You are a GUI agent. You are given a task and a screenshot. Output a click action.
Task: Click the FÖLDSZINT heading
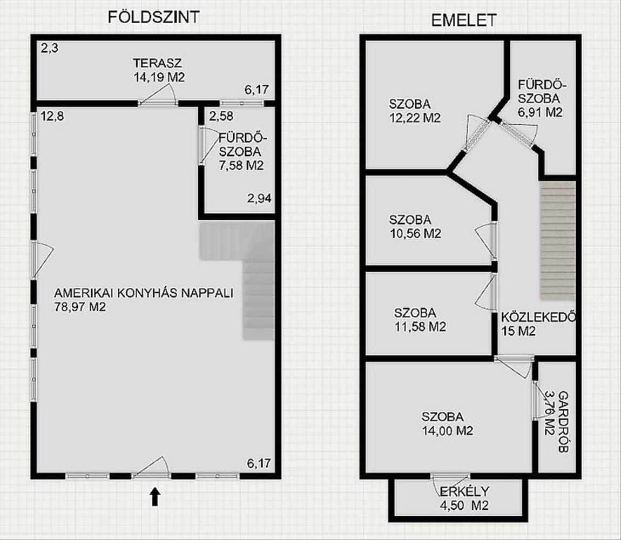[154, 17]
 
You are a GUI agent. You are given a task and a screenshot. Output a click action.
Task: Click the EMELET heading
[463, 20]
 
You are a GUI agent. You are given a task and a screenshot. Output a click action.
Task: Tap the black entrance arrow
[155, 496]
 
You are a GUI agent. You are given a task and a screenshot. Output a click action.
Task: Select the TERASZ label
[157, 63]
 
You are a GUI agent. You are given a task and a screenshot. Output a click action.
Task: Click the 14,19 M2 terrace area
[159, 77]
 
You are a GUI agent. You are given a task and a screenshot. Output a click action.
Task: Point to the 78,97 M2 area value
[80, 307]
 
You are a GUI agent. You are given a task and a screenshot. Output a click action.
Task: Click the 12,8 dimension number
[52, 116]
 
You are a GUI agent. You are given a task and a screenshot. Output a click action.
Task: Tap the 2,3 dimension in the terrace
[50, 49]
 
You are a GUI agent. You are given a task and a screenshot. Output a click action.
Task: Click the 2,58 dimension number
[221, 116]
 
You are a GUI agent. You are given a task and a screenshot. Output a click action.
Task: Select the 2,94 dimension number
[259, 198]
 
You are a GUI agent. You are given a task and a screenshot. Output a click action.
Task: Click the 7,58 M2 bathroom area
[241, 165]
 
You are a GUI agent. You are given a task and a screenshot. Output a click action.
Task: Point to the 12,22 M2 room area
[415, 118]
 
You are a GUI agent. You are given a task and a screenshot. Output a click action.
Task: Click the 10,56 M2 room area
[415, 233]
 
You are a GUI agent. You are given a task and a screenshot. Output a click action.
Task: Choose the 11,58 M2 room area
[420, 327]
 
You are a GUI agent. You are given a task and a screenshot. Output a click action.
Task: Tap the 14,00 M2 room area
[447, 430]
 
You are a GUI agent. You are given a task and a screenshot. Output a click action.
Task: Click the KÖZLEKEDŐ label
[538, 317]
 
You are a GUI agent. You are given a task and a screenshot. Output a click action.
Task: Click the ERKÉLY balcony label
[464, 491]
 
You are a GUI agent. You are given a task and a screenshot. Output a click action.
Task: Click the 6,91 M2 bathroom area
[540, 112]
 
